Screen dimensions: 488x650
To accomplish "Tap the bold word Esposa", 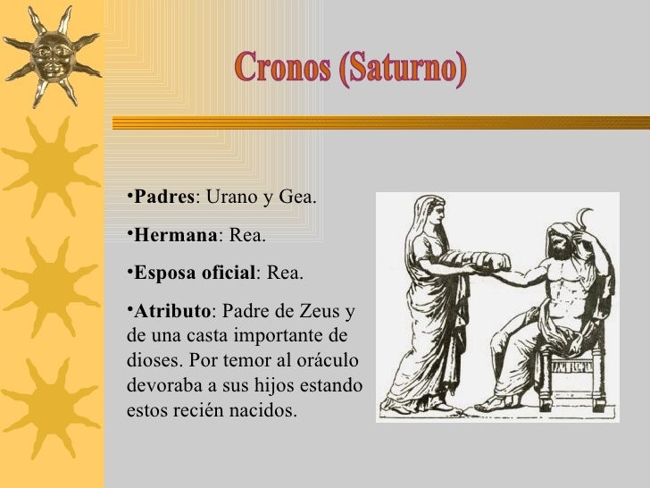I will [162, 272].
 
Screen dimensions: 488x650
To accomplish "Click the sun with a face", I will [49, 56].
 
